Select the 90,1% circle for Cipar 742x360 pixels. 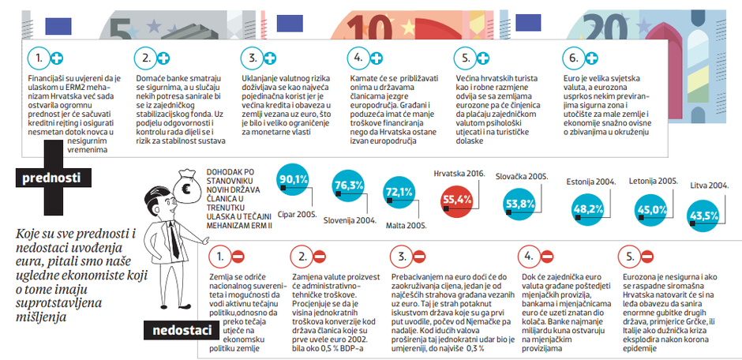tap(293, 180)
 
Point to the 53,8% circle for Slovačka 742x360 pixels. tap(518, 204)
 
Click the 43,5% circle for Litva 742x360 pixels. tap(703, 215)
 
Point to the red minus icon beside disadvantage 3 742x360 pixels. tap(419, 257)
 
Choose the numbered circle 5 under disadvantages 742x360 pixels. tap(630, 257)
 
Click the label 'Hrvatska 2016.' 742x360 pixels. tap(459, 172)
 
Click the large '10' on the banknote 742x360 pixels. tap(370, 22)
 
